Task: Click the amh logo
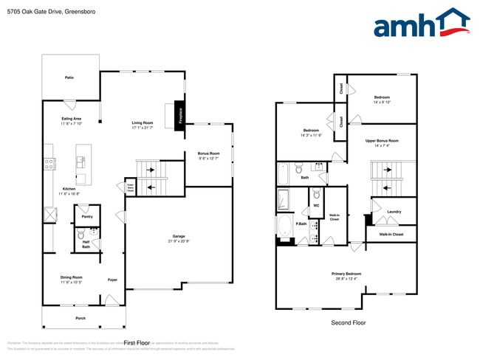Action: [420, 24]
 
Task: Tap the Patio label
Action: [69, 77]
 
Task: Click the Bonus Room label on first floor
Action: [208, 154]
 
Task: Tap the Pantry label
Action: [86, 216]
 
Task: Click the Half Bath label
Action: [86, 244]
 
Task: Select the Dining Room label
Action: [72, 277]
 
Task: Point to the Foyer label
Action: [113, 280]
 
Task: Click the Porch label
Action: [80, 318]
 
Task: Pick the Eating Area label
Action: [72, 118]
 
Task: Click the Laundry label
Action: [394, 212]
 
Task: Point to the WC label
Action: [316, 205]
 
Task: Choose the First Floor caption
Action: [137, 343]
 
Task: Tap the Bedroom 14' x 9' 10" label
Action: [382, 98]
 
